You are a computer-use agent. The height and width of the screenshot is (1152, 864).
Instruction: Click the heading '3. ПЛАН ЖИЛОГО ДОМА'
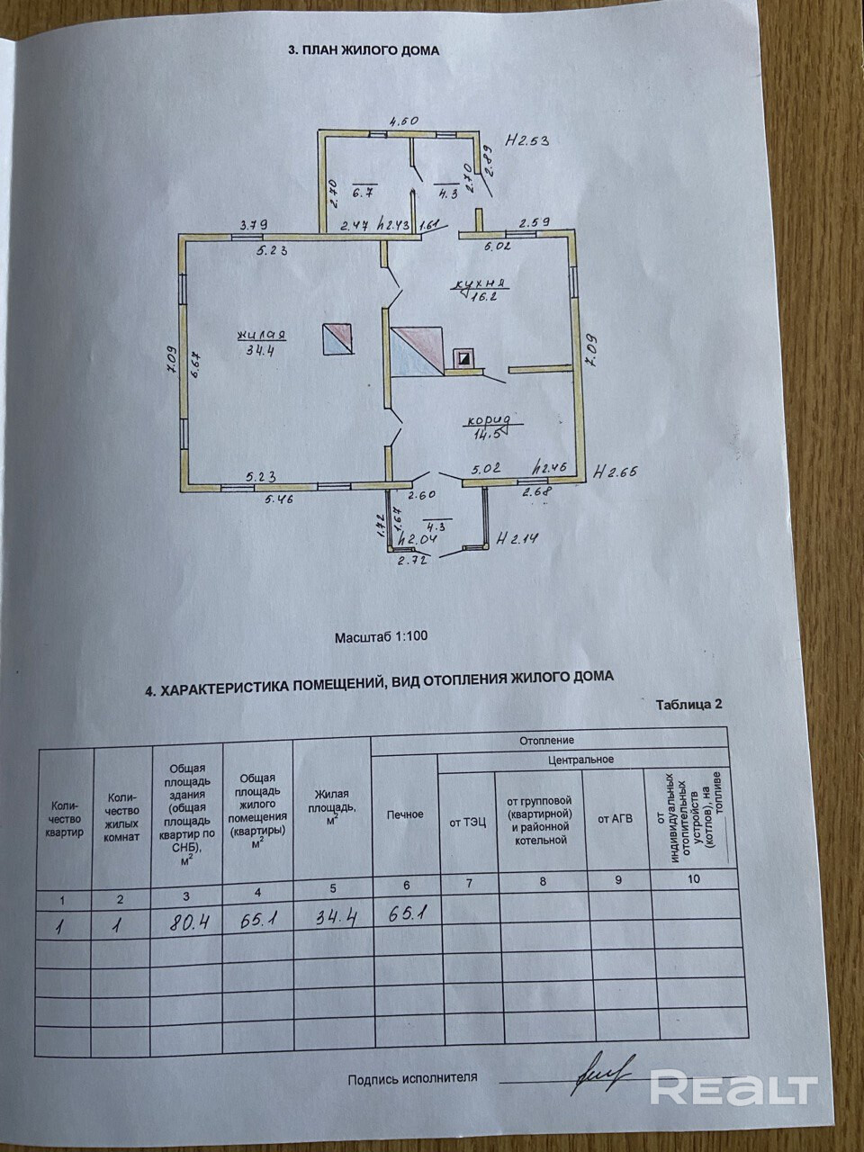pos(364,51)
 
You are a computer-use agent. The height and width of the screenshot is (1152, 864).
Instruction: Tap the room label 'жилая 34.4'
pos(261,343)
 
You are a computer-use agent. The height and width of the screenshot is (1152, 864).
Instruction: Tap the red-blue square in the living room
pos(338,339)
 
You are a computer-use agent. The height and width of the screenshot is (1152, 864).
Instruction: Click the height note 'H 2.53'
pos(526,139)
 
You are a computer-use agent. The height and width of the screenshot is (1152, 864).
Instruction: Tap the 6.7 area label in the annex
pos(362,192)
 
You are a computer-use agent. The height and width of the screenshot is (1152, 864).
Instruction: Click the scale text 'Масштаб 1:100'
pos(381,636)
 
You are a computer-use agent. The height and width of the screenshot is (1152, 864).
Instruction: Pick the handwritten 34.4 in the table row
pos(330,918)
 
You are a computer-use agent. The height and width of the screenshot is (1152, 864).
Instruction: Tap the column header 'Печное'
pos(404,814)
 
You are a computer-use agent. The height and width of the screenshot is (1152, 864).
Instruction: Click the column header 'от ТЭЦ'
pos(467,823)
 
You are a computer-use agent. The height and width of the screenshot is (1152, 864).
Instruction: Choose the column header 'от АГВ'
pos(616,819)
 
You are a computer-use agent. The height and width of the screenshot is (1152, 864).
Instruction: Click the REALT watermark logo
pos(733,1088)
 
